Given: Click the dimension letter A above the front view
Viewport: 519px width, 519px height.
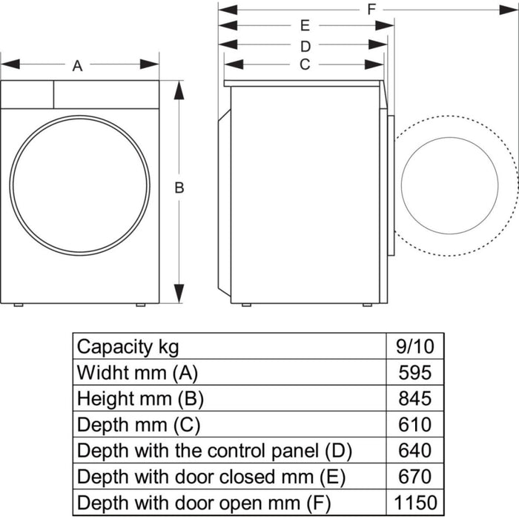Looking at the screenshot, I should (77, 65).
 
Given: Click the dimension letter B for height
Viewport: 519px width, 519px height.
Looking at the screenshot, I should (179, 188).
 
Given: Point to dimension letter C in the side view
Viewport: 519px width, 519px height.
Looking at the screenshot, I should (304, 65).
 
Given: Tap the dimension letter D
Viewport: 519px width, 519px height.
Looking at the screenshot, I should (304, 46).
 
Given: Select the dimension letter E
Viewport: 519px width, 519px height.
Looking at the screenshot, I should (304, 26).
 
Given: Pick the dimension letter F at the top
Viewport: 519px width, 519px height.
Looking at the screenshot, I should (371, 9).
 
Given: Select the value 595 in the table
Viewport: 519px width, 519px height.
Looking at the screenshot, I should (414, 372).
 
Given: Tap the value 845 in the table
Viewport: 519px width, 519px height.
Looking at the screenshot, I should (414, 398).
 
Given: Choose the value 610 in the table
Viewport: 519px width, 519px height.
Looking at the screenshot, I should (414, 424).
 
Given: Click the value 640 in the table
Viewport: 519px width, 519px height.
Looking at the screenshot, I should (414, 450).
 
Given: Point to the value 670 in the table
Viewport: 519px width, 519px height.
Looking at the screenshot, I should (414, 476).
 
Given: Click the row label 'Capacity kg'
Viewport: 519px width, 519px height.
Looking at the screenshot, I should (128, 346).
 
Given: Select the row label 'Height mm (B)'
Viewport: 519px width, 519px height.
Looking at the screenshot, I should (140, 398).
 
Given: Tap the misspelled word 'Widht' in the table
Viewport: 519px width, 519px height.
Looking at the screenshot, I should (101, 372).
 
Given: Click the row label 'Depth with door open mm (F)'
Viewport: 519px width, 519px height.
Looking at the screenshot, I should (204, 502).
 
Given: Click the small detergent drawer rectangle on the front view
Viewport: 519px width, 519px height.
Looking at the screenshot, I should (27, 94).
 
